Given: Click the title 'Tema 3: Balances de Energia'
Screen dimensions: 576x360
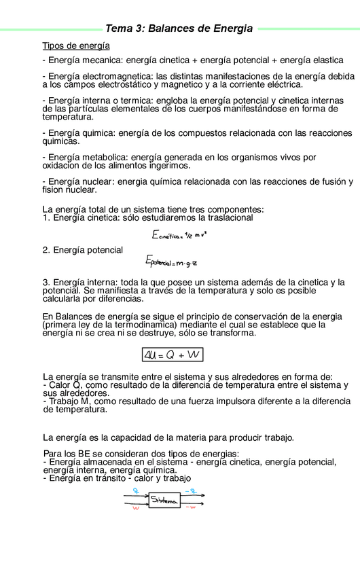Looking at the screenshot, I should click(x=179, y=29).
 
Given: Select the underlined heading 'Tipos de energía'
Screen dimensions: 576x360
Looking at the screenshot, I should click(x=76, y=46).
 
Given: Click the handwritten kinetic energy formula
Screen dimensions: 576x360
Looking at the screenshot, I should click(x=179, y=234).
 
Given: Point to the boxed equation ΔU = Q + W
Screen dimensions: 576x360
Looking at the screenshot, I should click(x=173, y=354).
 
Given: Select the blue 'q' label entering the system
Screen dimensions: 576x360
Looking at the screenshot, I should click(x=137, y=490).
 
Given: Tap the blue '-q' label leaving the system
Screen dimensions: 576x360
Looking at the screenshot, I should click(x=192, y=490).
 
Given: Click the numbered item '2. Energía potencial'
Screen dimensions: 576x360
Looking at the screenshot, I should click(x=83, y=250).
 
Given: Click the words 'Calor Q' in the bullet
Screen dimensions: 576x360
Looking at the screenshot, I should click(x=65, y=385).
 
